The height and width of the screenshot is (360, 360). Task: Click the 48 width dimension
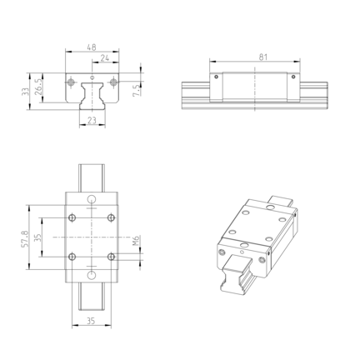coord(92,47)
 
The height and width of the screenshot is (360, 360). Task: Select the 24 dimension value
coord(105,58)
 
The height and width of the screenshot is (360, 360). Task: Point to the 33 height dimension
coord(25,92)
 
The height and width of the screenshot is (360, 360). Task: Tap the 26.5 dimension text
coord(38,87)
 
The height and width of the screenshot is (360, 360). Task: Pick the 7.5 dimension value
coord(136,91)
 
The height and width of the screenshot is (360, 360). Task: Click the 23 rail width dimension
coord(92,120)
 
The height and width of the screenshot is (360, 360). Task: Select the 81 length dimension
coord(263,57)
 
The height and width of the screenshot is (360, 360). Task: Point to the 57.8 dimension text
coord(25,238)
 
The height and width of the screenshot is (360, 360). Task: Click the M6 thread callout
coord(136,241)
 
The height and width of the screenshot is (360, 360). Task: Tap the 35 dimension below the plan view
coord(91,321)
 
